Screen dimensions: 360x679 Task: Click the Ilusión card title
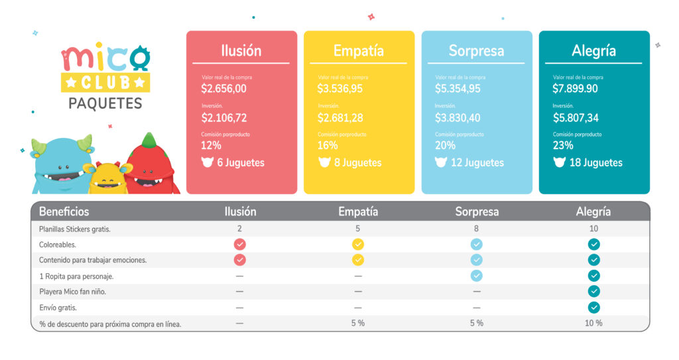(x=241, y=51)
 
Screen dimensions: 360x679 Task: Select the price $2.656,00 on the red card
(x=224, y=88)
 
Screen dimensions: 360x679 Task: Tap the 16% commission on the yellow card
(x=328, y=145)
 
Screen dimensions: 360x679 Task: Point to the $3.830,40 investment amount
(x=458, y=118)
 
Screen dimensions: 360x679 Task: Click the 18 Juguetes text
(x=596, y=162)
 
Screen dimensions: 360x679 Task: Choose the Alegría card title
(x=593, y=51)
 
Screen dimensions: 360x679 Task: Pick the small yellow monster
(x=107, y=177)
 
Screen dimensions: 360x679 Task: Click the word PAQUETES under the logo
(x=105, y=103)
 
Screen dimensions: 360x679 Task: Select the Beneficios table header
(x=64, y=211)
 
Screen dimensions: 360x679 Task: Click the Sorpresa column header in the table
(x=477, y=211)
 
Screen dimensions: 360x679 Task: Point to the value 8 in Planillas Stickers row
(x=477, y=229)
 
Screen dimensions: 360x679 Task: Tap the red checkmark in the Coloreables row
(x=239, y=244)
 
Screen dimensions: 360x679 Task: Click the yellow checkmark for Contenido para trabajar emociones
(x=358, y=260)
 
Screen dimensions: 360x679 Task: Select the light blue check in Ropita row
(x=477, y=276)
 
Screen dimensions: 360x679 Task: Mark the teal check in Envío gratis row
(x=594, y=308)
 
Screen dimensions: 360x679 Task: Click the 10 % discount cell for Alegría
(x=594, y=324)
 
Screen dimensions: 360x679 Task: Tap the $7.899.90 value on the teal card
(x=575, y=88)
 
